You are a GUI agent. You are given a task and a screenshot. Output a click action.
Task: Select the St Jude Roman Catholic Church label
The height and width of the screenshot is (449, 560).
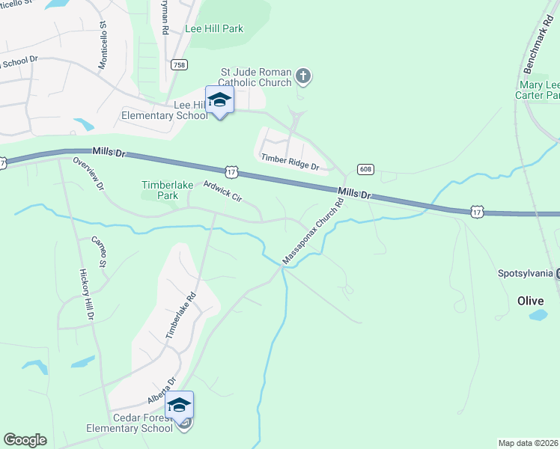255,77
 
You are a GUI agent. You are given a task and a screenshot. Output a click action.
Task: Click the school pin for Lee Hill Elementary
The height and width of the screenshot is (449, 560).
219,100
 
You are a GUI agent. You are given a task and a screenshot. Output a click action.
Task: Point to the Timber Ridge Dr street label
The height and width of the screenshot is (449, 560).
290,162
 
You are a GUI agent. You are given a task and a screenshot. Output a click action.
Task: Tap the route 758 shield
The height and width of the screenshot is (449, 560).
180,65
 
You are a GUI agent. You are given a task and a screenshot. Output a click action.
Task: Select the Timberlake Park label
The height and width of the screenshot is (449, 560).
160,190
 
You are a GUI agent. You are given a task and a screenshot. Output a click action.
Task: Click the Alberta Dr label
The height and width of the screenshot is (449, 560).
161,391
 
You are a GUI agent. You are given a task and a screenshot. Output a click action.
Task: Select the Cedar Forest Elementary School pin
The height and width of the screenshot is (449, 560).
180,406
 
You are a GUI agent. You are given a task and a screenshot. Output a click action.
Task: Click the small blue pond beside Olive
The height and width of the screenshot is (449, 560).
538,315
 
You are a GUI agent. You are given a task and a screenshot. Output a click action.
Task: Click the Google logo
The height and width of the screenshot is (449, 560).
25,439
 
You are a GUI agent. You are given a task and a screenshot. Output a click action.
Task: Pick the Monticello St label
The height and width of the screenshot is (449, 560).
103,49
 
